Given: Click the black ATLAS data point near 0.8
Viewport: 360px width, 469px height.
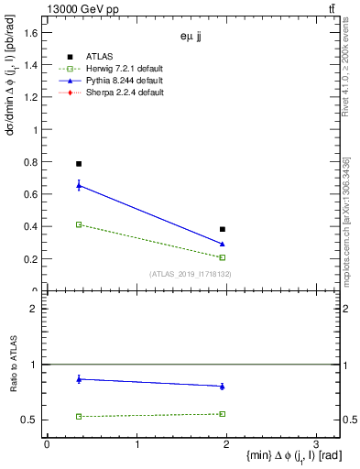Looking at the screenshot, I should [x=79, y=163].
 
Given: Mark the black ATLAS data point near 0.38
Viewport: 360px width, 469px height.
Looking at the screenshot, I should [x=223, y=229].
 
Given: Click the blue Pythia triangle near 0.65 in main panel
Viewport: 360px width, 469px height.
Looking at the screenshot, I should [x=79, y=186].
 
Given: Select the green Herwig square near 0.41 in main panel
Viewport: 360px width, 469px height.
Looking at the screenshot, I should [x=79, y=224].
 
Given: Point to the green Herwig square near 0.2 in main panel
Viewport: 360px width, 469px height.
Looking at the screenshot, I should [x=223, y=257].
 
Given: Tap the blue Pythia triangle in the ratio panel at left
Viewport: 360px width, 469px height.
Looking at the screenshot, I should [x=79, y=378].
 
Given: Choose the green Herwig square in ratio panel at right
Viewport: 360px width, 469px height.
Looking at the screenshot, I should [x=223, y=414].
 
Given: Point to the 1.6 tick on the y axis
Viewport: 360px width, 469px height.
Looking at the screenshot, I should [x=30, y=33].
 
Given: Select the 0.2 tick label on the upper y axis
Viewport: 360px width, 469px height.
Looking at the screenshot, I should [x=30, y=258].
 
